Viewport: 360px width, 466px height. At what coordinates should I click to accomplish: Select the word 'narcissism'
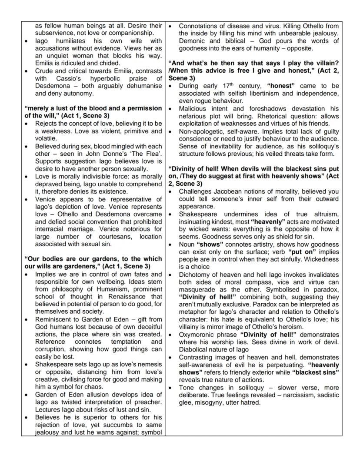pyautogui.click(x=304, y=395)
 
